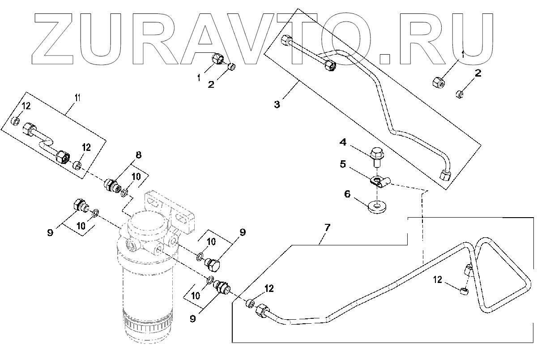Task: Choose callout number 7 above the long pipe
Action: (327, 228)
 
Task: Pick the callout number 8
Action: (138, 155)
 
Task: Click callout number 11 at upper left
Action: (77, 98)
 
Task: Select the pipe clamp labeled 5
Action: (379, 181)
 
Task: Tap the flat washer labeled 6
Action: (378, 206)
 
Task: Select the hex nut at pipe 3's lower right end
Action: (444, 175)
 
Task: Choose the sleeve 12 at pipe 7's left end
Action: (250, 303)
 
